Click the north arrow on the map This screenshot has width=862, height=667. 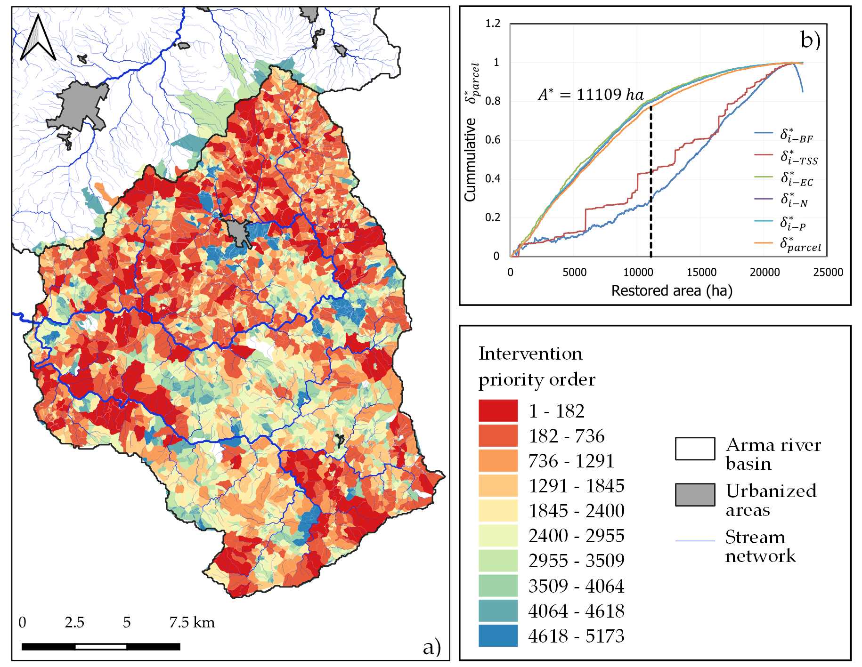tap(38, 39)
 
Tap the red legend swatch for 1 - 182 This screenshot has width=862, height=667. tap(498, 410)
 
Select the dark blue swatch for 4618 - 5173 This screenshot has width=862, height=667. tap(498, 635)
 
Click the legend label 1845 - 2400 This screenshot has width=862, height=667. tap(576, 511)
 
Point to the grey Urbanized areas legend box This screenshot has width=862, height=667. tap(695, 494)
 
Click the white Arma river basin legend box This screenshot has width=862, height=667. tap(695, 448)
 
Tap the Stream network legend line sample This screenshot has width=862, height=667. tap(695, 541)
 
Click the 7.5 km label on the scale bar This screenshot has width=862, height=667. tap(192, 622)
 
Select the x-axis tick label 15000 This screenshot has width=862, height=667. tap(701, 272)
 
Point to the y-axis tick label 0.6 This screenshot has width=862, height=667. tap(492, 140)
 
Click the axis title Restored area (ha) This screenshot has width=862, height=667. tap(672, 291)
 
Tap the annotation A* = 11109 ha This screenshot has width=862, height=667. tap(591, 95)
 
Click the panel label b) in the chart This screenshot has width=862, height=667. tap(810, 40)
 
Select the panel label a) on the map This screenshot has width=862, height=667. tap(431, 647)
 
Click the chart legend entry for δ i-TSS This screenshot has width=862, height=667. tap(799, 157)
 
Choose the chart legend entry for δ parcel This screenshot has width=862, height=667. tap(800, 244)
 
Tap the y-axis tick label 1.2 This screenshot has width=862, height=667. tap(493, 24)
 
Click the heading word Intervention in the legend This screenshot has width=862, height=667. tap(530, 354)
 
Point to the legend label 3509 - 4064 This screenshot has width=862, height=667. tap(576, 586)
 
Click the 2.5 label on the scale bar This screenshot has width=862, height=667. tap(74, 622)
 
